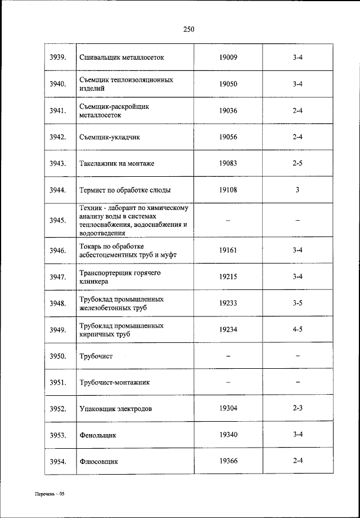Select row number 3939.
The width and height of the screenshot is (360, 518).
tap(58, 57)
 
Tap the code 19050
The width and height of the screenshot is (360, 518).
tap(228, 84)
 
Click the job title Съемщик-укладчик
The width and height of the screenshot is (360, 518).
tap(109, 137)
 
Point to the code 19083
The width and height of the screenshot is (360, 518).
tap(228, 163)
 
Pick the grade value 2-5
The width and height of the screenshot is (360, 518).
tap(298, 163)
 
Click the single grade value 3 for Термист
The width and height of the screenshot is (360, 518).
tap(298, 190)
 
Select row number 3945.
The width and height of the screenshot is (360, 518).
tap(58, 220)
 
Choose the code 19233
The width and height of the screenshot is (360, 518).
tap(228, 303)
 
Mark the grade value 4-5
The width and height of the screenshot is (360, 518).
tap(298, 329)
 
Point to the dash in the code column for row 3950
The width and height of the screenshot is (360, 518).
tap(228, 356)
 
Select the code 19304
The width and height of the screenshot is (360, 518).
tap(228, 408)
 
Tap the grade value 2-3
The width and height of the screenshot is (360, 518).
tap(298, 408)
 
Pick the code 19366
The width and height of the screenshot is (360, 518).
tap(228, 461)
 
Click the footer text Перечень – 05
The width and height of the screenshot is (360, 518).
tap(49, 494)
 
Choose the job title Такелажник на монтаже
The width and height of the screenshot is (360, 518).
tap(117, 163)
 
